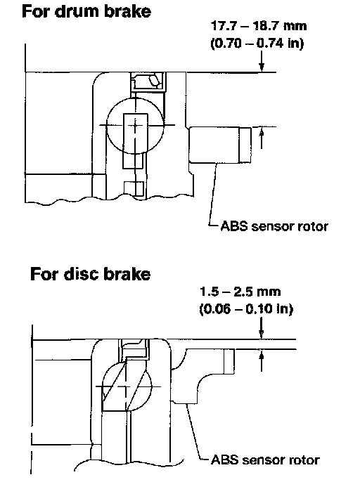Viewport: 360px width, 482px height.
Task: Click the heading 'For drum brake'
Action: tap(86, 11)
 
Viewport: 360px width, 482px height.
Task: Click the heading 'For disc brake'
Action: tap(91, 273)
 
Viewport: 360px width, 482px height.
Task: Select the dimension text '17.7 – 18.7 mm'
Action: tap(259, 25)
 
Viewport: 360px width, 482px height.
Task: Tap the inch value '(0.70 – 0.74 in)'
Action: tap(257, 43)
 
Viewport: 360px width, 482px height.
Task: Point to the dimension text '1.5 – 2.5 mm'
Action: tap(240, 292)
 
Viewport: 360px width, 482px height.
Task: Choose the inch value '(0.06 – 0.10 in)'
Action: tap(246, 308)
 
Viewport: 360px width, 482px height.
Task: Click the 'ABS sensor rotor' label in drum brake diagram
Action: tap(274, 226)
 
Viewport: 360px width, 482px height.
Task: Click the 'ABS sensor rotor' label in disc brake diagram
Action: tap(265, 460)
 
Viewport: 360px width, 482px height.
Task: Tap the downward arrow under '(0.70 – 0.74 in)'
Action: tap(262, 61)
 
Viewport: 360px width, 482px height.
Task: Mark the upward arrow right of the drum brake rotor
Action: tap(262, 138)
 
